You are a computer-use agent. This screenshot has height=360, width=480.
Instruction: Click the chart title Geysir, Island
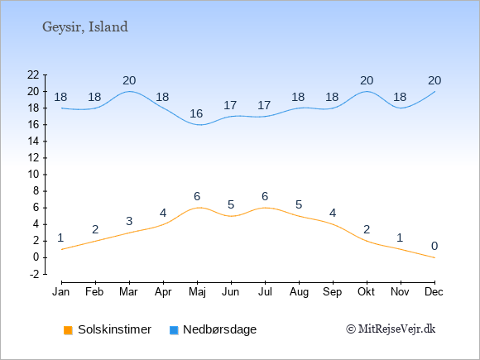85,27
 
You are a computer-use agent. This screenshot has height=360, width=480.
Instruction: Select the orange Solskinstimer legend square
68,330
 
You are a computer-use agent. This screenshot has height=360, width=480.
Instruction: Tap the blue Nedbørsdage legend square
174,330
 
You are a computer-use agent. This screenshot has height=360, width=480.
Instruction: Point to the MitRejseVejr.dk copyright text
391,329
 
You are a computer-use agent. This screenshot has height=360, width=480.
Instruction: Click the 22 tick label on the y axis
33,74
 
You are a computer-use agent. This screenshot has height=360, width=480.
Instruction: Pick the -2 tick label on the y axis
35,274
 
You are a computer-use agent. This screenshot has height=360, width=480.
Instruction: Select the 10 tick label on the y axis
33,175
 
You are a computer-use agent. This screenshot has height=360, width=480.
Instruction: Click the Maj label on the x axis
197,292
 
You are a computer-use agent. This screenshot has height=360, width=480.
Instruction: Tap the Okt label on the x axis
366,292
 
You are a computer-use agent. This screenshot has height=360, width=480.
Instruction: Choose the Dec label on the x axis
434,292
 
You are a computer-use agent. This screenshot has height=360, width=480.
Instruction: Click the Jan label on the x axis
61,292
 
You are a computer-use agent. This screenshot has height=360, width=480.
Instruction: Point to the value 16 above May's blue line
196,114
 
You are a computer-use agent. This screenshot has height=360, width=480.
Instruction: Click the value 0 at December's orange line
434,246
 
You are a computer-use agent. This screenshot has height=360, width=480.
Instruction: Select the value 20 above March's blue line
129,81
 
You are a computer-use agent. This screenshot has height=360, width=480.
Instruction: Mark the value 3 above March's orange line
129,221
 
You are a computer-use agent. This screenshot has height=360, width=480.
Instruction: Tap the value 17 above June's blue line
230,106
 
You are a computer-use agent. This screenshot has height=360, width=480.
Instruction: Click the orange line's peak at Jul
265,208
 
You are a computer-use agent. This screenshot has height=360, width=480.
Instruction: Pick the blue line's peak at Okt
367,91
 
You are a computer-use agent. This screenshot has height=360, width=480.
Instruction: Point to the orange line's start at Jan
62,249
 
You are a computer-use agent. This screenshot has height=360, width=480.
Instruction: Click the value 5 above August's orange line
299,204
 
